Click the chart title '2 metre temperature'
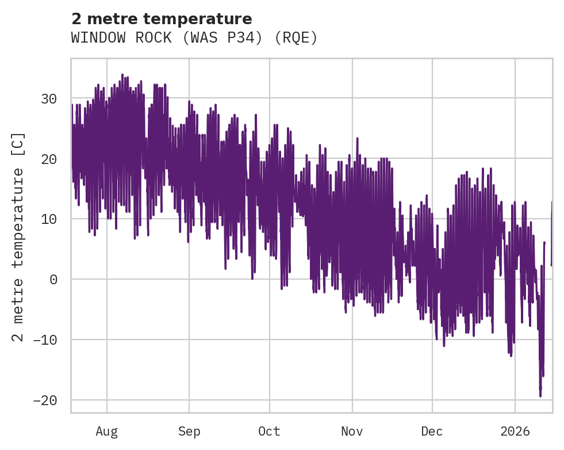pyautogui.click(x=162, y=19)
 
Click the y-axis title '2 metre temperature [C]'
pyautogui.click(x=18, y=237)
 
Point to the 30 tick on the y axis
pyautogui.click(x=49, y=98)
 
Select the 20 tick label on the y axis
pyautogui.click(x=49, y=159)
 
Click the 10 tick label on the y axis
pyautogui.click(x=49, y=219)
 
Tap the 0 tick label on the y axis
pyautogui.click(x=53, y=280)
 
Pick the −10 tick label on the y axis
pyautogui.click(x=44, y=340)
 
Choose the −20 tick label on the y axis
pyautogui.click(x=44, y=401)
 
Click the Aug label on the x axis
pyautogui.click(x=107, y=432)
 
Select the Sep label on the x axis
pyautogui.click(x=189, y=432)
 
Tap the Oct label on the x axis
pyautogui.click(x=269, y=432)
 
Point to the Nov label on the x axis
pyautogui.click(x=352, y=432)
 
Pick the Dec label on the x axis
pyautogui.click(x=432, y=432)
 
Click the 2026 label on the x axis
pyautogui.click(x=515, y=432)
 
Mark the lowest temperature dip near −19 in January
pyautogui.click(x=540, y=395)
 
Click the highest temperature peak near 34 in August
pyautogui.click(x=122, y=75)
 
